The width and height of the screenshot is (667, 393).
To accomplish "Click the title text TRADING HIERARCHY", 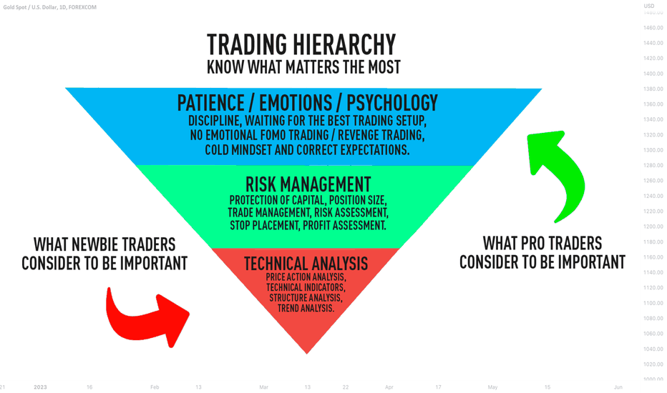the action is click(x=301, y=44).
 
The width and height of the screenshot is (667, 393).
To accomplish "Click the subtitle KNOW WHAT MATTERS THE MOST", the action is click(x=303, y=67).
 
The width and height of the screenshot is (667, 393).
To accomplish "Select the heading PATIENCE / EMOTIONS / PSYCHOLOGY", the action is click(x=307, y=103).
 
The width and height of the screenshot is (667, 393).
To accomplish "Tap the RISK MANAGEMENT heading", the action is click(x=308, y=184).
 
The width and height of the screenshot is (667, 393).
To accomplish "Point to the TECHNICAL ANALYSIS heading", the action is click(x=306, y=264).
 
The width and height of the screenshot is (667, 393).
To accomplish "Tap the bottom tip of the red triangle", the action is click(x=307, y=354).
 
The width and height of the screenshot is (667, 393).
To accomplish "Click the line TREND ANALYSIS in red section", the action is click(x=306, y=308).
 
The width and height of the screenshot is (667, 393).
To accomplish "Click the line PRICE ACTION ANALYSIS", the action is click(x=306, y=277).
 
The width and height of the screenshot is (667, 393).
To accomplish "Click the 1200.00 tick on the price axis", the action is click(x=653, y=227).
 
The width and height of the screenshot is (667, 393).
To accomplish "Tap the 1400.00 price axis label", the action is click(x=653, y=74).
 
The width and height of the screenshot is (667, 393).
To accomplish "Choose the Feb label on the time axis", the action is click(x=155, y=387).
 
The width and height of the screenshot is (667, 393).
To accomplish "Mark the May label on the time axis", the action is click(x=492, y=387).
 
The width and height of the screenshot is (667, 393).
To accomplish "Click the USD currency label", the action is click(x=648, y=6).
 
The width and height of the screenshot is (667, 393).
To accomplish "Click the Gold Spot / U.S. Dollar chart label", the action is click(x=50, y=7).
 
